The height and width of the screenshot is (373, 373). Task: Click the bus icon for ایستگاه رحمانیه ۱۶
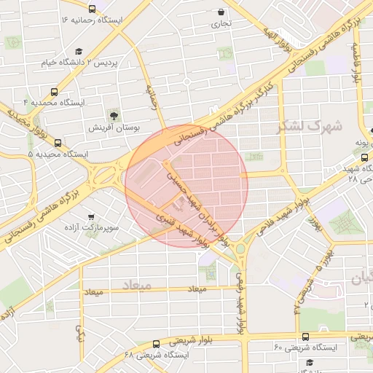pos(92,9)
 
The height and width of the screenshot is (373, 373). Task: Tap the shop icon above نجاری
pos(221,12)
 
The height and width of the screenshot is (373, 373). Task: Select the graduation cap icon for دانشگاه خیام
pos(79,51)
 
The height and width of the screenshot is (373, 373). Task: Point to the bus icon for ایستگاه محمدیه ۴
pos(55,93)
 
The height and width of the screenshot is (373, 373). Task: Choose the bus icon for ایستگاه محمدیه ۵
pos(58,143)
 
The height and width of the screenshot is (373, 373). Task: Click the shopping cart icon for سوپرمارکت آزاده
pos(90,216)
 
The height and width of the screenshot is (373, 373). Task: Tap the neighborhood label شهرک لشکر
pos(310,125)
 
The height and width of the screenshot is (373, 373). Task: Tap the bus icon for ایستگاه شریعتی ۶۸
pos(156,344)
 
